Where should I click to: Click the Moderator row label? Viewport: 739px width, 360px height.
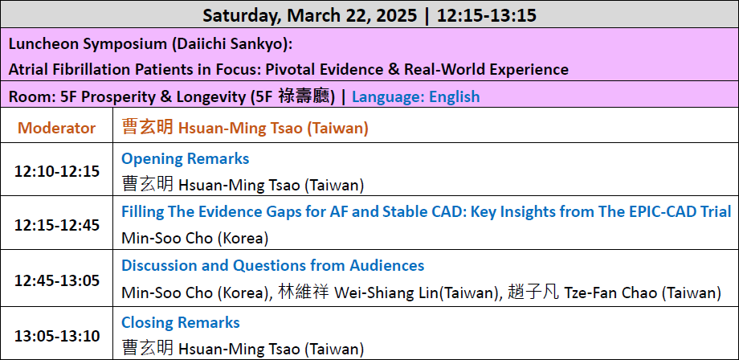[56, 128]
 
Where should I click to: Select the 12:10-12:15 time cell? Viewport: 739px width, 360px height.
[57, 171]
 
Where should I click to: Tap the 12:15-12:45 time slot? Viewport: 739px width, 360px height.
[57, 225]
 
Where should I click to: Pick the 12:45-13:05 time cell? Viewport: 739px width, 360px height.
[57, 280]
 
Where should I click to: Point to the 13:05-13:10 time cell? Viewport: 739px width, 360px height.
[57, 337]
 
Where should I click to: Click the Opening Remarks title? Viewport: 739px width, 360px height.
[186, 159]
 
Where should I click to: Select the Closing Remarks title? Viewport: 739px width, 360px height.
[181, 323]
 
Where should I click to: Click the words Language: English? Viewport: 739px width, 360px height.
[416, 96]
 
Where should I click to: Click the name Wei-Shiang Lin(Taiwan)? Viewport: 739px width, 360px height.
[416, 292]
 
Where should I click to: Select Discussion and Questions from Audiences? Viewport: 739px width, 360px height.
[273, 265]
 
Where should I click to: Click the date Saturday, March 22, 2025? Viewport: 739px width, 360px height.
[310, 15]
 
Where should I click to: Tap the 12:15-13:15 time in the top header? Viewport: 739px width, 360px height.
[487, 15]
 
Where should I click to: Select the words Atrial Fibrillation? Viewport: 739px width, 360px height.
[72, 70]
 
